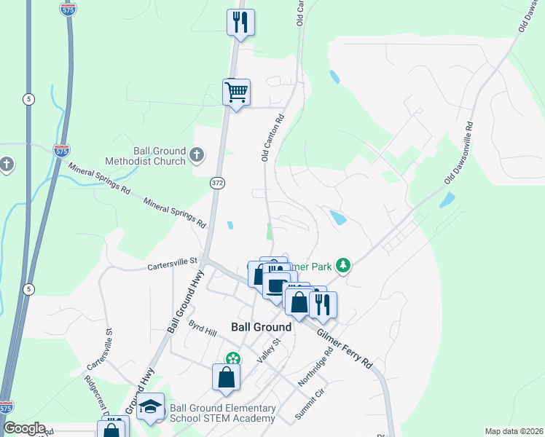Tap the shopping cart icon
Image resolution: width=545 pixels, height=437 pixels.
click(x=236, y=93)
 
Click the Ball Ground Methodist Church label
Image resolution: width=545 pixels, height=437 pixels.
click(x=149, y=155)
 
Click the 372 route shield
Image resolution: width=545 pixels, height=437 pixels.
click(x=218, y=181)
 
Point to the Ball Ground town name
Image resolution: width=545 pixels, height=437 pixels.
click(x=261, y=327)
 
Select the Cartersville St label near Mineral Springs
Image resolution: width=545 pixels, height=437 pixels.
click(x=173, y=260)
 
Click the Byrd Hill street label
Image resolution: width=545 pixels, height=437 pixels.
click(x=203, y=328)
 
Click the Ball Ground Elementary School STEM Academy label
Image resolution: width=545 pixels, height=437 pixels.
click(x=222, y=413)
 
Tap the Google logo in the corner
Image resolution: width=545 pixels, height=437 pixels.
click(x=23, y=428)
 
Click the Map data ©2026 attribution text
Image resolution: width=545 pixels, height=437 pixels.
click(x=513, y=431)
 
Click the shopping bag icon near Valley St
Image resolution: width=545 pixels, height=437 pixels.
click(x=226, y=377)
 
